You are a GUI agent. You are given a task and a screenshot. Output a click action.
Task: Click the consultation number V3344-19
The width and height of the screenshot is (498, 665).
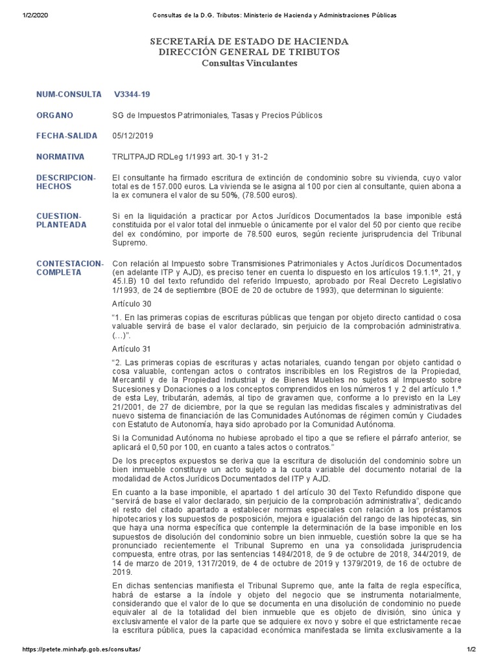132,94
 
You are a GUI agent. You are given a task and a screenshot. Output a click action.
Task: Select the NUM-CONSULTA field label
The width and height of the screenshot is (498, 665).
69,94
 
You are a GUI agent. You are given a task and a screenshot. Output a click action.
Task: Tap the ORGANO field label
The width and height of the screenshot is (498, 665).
54,115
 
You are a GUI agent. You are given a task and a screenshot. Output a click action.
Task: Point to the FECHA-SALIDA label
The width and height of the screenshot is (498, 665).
67,136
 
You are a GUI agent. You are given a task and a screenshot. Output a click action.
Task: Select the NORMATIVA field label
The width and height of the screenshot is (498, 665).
60,157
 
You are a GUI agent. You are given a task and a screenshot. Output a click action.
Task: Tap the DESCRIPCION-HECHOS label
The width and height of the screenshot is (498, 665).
65,181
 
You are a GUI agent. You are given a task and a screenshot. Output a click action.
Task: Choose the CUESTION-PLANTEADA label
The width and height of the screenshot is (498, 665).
59,220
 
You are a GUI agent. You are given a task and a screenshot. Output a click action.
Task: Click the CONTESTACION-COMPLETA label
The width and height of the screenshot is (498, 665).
69,267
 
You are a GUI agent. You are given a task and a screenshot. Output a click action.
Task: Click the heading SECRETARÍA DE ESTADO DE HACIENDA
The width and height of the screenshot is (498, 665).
249,41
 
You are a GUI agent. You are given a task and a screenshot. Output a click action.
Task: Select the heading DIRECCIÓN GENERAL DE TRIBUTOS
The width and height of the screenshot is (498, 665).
249,52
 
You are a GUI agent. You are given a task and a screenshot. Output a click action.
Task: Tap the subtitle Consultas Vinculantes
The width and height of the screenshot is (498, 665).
249,63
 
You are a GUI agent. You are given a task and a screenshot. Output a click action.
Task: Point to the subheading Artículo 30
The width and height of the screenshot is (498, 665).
132,303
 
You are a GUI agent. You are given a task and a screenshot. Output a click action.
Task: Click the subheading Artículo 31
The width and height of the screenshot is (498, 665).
132,349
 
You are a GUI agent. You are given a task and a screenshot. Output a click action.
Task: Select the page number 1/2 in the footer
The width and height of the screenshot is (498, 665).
471,649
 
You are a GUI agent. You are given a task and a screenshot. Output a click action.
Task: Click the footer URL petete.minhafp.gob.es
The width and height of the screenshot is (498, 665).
82,649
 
